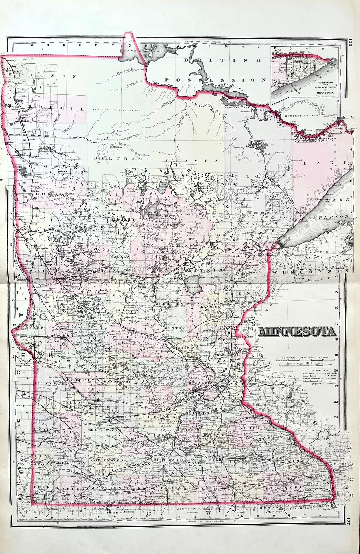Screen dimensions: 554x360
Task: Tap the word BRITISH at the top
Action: pyautogui.click(x=223, y=60)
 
